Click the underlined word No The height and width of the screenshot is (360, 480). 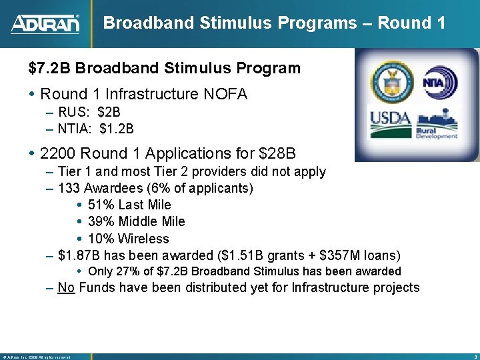[65, 288]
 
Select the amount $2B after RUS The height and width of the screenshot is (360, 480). [109, 112]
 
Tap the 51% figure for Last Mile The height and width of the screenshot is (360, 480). [100, 205]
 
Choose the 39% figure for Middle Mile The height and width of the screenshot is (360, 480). [100, 221]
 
